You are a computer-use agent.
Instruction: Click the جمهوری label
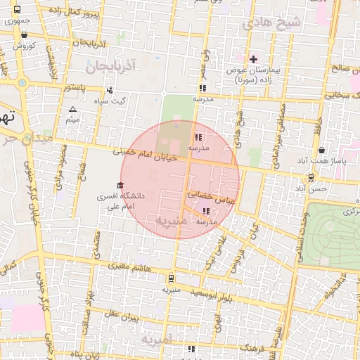(17, 21)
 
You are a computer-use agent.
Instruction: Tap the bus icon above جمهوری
(17, 9)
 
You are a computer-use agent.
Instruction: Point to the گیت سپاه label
(114, 101)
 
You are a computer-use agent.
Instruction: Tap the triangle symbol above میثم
(72, 109)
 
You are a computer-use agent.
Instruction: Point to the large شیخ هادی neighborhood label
(271, 23)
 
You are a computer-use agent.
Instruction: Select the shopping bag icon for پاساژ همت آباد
(321, 150)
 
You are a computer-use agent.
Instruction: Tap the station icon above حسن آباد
(310, 178)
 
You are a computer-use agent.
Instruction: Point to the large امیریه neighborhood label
(156, 340)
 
